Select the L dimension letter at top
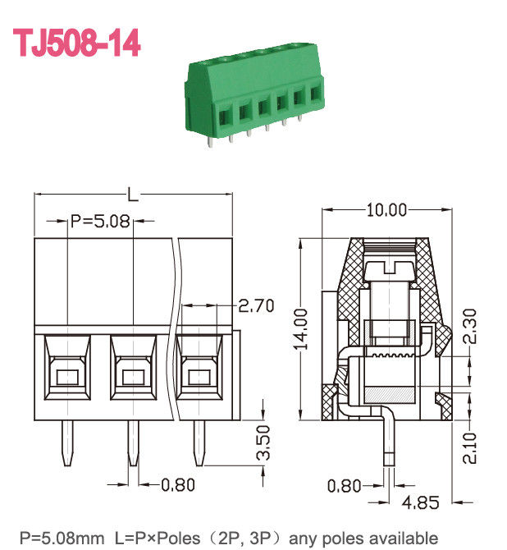tap(132, 195)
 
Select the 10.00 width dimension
tap(386, 210)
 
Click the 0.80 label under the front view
tap(177, 484)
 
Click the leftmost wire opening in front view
tap(66, 377)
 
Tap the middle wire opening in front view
tap(132, 377)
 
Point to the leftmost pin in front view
tap(66, 444)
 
